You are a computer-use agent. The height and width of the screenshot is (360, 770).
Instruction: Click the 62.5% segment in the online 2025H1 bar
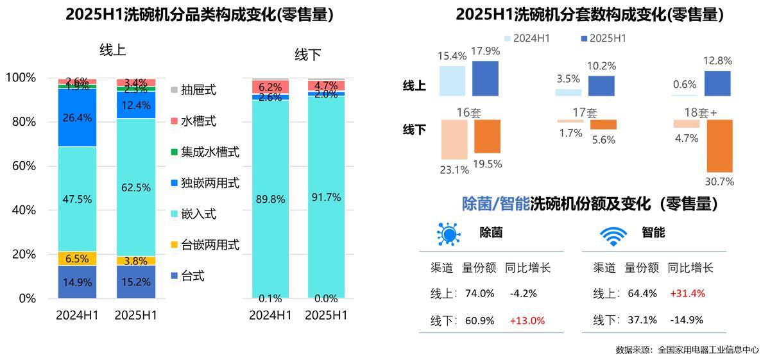coord(135,187)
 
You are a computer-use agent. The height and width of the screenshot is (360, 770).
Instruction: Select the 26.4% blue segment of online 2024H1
coord(77,117)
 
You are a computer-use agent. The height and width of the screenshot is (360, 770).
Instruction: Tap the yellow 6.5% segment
coord(77,259)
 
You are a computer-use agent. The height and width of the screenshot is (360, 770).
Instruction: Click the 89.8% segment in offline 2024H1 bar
coord(269,199)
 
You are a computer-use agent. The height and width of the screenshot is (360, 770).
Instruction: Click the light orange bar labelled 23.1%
coord(453,139)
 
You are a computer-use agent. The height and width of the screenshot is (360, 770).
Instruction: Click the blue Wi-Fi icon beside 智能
coord(613,236)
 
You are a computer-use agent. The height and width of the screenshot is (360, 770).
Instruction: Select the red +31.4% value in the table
coord(687,293)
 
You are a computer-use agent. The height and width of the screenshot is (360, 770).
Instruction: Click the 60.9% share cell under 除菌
coord(479,320)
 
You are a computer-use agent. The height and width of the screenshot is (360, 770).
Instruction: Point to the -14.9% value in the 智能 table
coord(687,320)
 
